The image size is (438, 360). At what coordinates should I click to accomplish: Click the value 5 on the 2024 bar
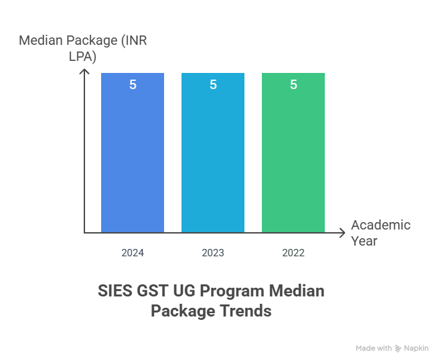click(x=133, y=85)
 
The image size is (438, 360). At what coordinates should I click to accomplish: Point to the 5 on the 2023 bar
click(x=213, y=85)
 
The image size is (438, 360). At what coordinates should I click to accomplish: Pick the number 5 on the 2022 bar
click(x=293, y=85)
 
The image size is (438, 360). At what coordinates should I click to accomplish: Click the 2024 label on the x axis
click(x=133, y=253)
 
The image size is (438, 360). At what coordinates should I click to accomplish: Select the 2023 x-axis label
click(x=213, y=253)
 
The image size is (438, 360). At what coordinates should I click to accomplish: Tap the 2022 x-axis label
click(x=293, y=253)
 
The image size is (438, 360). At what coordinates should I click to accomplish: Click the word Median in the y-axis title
click(x=42, y=41)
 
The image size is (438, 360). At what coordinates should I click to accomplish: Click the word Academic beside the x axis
click(x=380, y=225)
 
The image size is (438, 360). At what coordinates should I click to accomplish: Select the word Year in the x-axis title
click(x=364, y=241)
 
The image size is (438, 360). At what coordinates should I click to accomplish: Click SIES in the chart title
click(x=115, y=291)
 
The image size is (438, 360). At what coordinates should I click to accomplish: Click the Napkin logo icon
click(x=398, y=349)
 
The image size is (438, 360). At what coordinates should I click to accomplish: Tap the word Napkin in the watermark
click(x=416, y=349)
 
